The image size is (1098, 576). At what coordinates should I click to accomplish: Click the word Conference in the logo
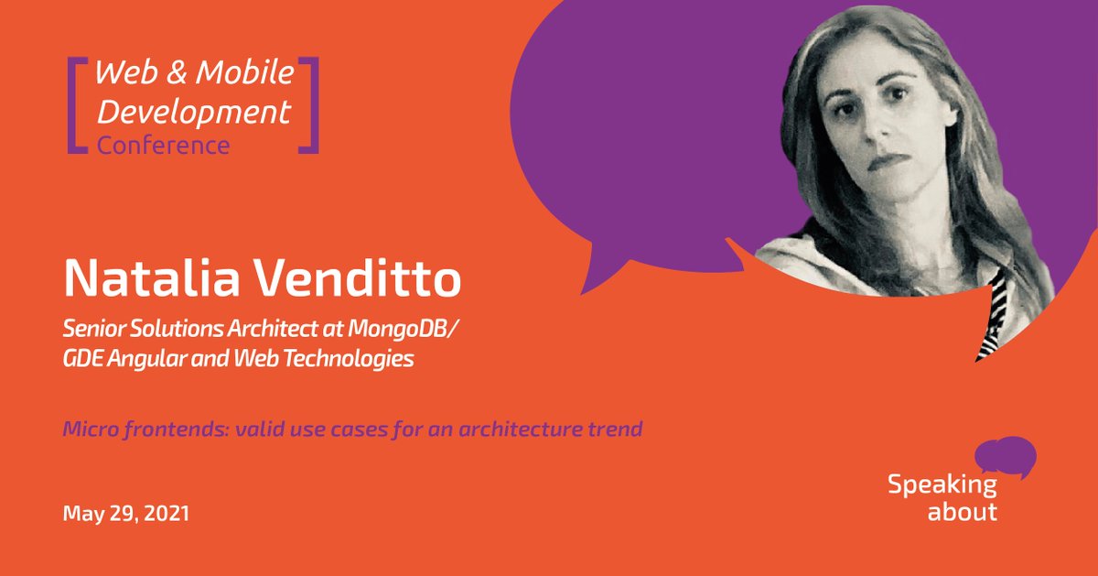(164, 145)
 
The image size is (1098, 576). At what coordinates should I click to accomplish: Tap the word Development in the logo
(194, 114)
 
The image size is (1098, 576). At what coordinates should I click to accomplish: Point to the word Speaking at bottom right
(942, 485)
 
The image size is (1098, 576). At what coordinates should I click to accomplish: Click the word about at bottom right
(962, 511)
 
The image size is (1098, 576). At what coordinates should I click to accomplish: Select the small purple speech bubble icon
(1005, 456)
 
